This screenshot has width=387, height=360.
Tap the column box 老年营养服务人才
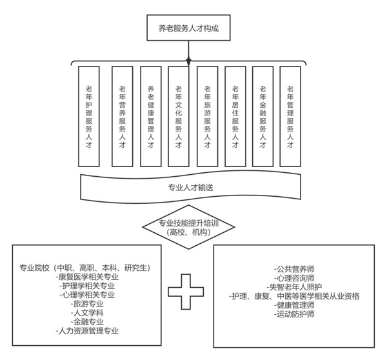123,117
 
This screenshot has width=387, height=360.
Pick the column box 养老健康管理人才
150,117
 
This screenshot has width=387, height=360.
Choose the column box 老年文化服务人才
179,117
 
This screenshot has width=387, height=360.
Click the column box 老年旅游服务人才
207,117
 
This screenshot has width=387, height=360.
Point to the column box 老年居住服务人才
235,117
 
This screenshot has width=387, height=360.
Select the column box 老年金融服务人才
263,117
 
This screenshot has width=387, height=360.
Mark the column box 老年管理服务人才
290,117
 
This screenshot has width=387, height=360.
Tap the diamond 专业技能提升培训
188,227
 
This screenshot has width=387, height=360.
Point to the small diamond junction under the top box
189,61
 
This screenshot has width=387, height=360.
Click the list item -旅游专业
88,304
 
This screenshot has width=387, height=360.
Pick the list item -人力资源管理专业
88,331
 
